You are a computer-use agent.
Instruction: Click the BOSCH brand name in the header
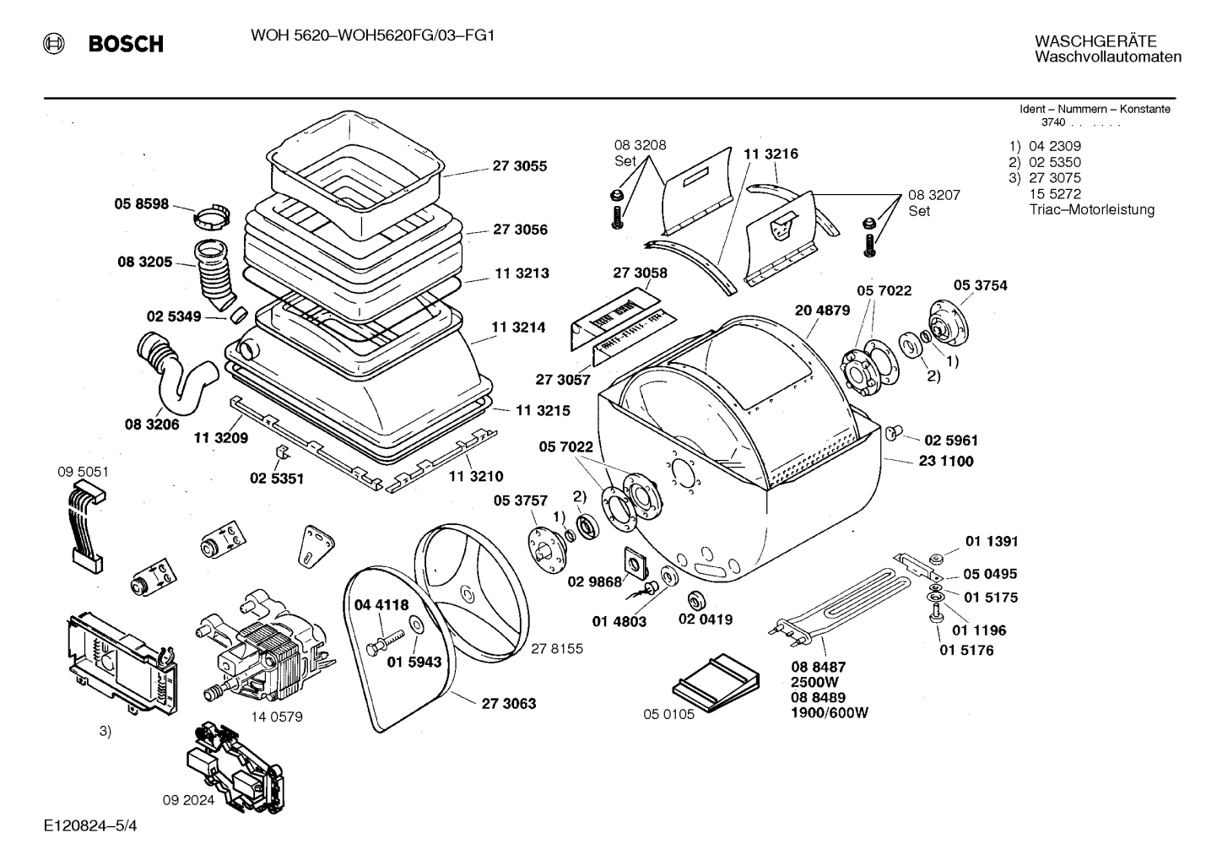click(x=126, y=43)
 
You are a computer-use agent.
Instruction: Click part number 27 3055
click(x=519, y=165)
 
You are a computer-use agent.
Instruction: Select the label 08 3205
click(x=144, y=262)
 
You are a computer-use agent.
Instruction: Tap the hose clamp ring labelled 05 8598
click(x=211, y=217)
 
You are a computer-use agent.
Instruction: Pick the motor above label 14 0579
click(x=266, y=646)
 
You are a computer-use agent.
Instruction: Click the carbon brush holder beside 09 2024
click(x=235, y=766)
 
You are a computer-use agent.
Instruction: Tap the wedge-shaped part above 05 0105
click(x=716, y=682)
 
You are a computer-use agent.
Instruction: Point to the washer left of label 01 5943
click(x=417, y=625)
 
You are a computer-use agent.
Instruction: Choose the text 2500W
click(x=814, y=682)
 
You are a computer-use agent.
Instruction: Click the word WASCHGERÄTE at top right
click(x=1095, y=41)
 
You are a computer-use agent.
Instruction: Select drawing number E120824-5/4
click(x=90, y=825)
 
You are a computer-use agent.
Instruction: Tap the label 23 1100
click(x=946, y=462)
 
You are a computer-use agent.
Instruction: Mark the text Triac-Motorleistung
click(x=1091, y=209)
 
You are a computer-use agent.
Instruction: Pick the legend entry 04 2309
click(x=1055, y=146)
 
